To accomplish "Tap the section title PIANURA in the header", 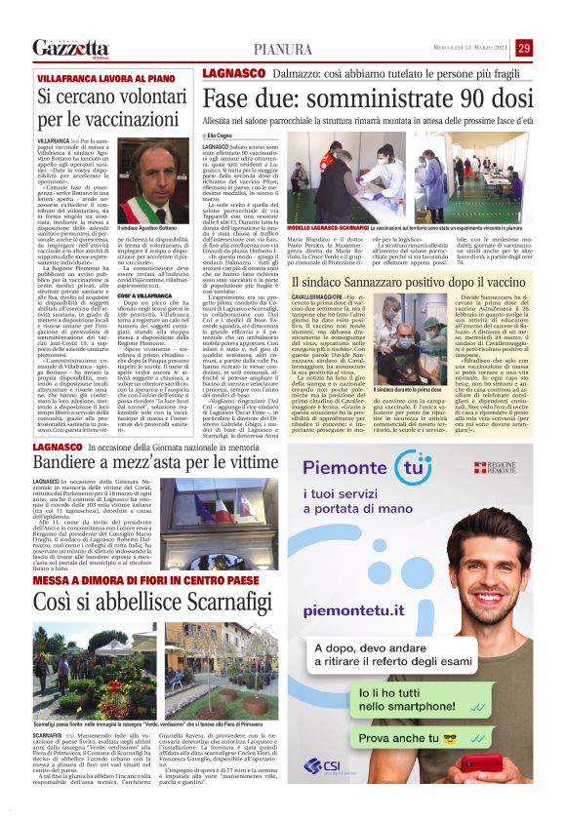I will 283,49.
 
